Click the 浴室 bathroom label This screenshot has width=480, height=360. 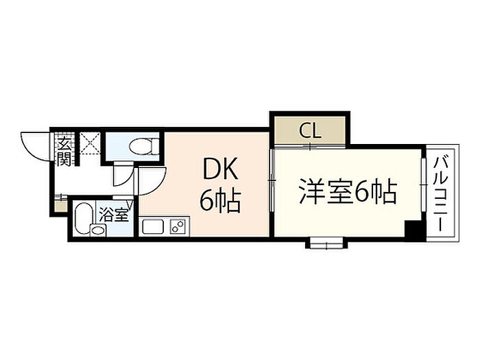[x=114, y=214]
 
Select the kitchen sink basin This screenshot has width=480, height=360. [x=152, y=226]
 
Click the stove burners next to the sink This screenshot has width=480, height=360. [x=178, y=226]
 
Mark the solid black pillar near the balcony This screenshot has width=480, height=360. [x=413, y=230]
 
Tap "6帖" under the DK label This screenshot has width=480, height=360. [x=219, y=200]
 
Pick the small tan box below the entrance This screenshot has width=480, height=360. [x=60, y=204]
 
